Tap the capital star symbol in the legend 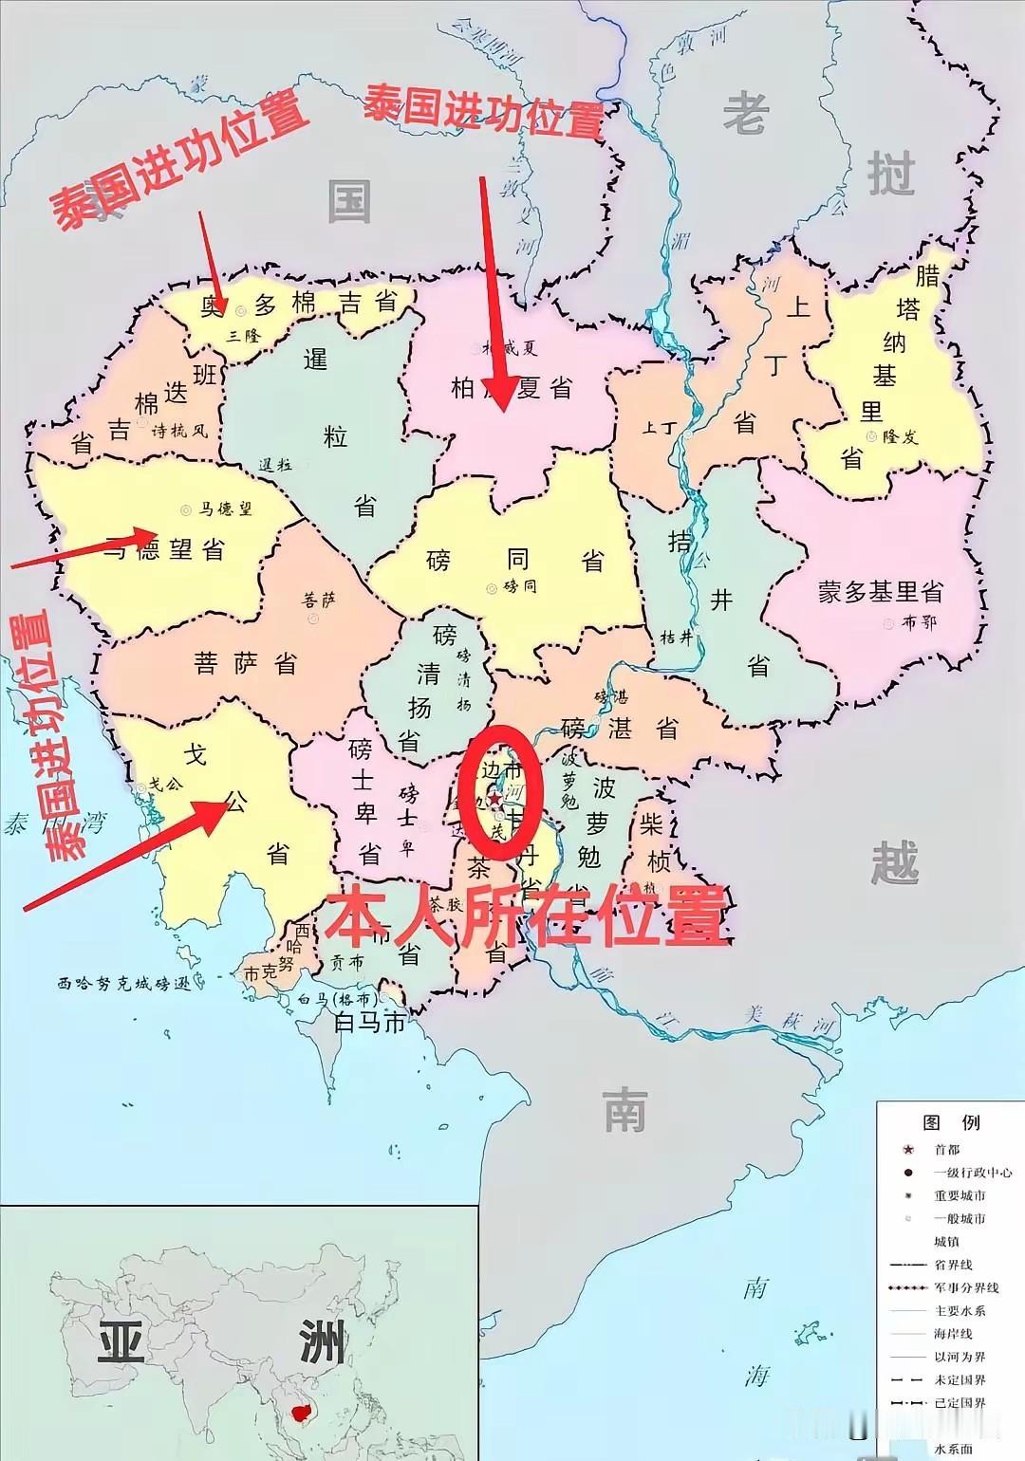pos(908,1150)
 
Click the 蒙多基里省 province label pos(880,593)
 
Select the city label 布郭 pos(919,623)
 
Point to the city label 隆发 pos(901,436)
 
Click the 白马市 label pos(369,1023)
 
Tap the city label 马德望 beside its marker pos(226,509)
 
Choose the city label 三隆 pos(244,335)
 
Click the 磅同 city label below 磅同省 pos(520,587)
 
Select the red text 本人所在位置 pos(528,915)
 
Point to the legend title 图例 pos(951,1122)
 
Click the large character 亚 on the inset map pos(121,1346)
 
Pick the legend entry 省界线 pos(953,1265)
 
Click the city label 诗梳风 pos(179,431)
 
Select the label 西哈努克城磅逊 pos(123,984)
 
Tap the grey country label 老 pos(746,116)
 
